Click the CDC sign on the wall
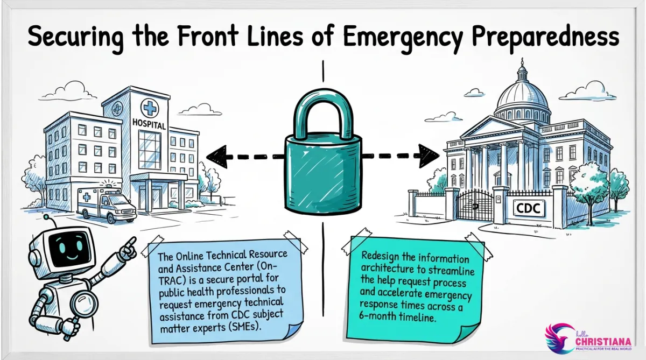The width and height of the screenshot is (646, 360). click(x=528, y=208)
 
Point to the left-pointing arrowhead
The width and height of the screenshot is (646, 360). click(x=216, y=156)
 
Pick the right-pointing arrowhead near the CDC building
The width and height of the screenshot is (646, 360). click(x=429, y=156)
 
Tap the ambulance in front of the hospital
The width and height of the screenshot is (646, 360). click(x=106, y=204)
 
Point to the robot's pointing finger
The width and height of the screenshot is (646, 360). click(x=131, y=243)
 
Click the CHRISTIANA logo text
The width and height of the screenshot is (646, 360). click(x=603, y=342)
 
